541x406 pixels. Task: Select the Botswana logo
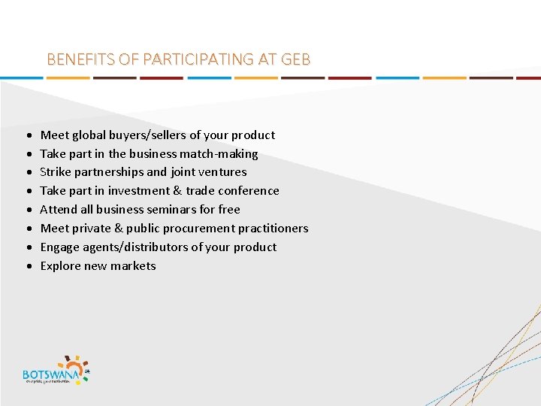[x=56, y=369]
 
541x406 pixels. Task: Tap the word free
[x=229, y=210]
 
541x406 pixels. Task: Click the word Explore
[x=59, y=266]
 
